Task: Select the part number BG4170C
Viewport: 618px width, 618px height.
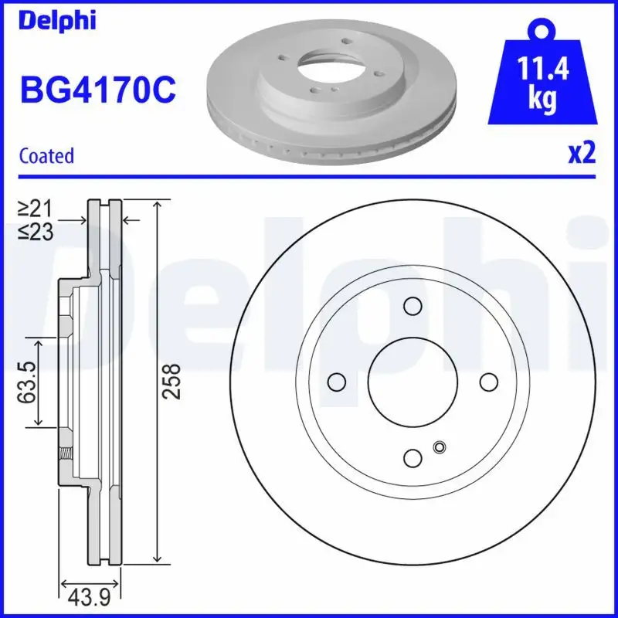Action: [97, 89]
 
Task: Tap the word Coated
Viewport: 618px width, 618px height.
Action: [46, 155]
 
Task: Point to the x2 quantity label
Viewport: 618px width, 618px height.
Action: [582, 153]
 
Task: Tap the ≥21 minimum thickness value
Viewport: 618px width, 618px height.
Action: [36, 207]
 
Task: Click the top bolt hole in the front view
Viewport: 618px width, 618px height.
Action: [413, 307]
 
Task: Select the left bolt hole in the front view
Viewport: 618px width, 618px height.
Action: [337, 382]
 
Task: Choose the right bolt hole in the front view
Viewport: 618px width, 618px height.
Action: [488, 382]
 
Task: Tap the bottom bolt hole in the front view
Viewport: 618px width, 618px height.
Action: [413, 457]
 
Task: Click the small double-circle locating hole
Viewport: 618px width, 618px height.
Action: [440, 447]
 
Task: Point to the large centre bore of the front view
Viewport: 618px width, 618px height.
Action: [413, 382]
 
